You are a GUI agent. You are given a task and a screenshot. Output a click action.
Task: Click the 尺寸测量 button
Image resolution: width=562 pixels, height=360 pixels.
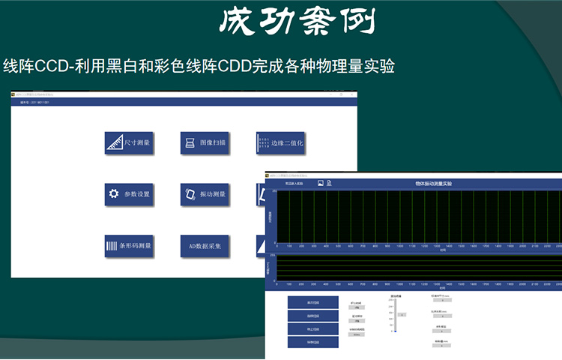pos(129,142)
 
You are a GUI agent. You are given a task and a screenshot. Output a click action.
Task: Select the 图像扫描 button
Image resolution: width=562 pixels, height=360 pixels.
pos(205,142)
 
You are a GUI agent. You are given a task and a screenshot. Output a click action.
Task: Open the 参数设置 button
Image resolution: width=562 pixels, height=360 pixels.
pos(129,194)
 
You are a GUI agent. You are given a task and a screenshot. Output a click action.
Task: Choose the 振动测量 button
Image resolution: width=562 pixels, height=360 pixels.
pos(205,194)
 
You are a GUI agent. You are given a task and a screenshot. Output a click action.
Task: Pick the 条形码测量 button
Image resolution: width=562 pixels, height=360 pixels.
pos(129,246)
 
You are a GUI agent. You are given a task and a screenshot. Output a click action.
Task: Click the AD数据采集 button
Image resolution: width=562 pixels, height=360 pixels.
pos(205,246)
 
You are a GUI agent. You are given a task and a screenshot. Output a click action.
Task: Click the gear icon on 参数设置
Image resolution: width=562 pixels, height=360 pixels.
pos(114,194)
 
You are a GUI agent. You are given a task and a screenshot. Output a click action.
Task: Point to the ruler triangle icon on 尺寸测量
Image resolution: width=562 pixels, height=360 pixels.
pos(114,142)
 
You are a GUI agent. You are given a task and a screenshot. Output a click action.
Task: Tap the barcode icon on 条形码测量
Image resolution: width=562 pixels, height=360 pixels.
pos(111,246)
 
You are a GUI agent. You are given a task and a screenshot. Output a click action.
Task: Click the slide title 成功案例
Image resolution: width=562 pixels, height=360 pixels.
pos(296,22)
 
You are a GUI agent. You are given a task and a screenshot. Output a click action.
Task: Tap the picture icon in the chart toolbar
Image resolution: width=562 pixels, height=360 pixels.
pos(320,183)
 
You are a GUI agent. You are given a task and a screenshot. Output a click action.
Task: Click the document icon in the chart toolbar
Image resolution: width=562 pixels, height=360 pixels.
pos(329,183)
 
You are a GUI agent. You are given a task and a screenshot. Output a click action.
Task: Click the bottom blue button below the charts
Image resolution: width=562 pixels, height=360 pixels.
pos(312,342)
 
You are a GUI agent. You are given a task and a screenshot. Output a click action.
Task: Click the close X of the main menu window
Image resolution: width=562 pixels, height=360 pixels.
pos(352,94)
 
